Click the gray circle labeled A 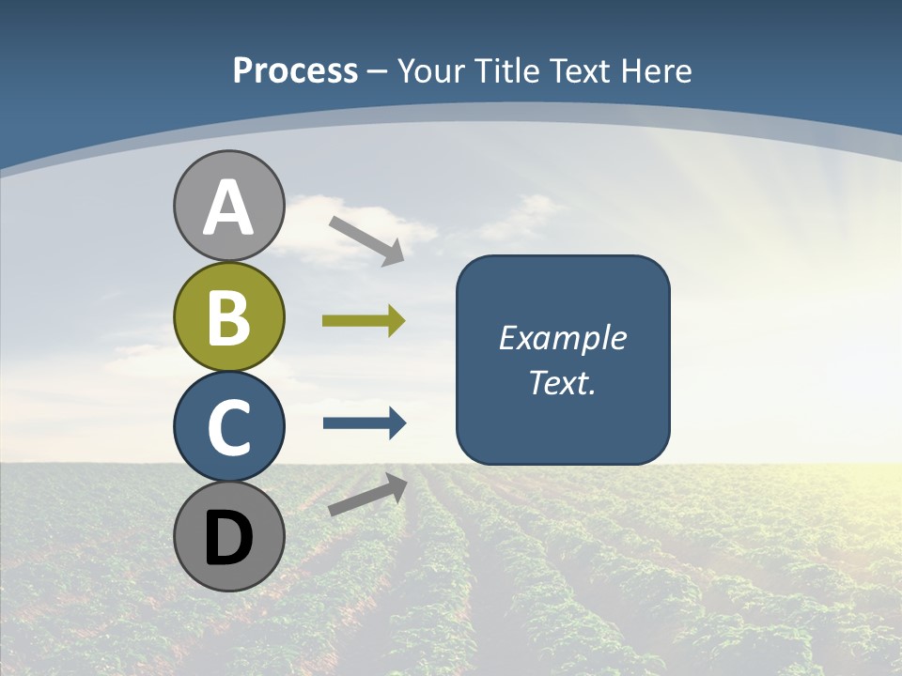(228, 206)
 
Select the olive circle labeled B (228, 316)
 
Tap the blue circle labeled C (228, 426)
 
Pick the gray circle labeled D (228, 536)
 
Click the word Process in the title (295, 70)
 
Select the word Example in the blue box (562, 338)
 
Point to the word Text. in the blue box (562, 382)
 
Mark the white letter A (228, 207)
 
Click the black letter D (228, 538)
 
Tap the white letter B (228, 317)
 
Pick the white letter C (228, 427)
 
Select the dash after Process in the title (378, 72)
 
